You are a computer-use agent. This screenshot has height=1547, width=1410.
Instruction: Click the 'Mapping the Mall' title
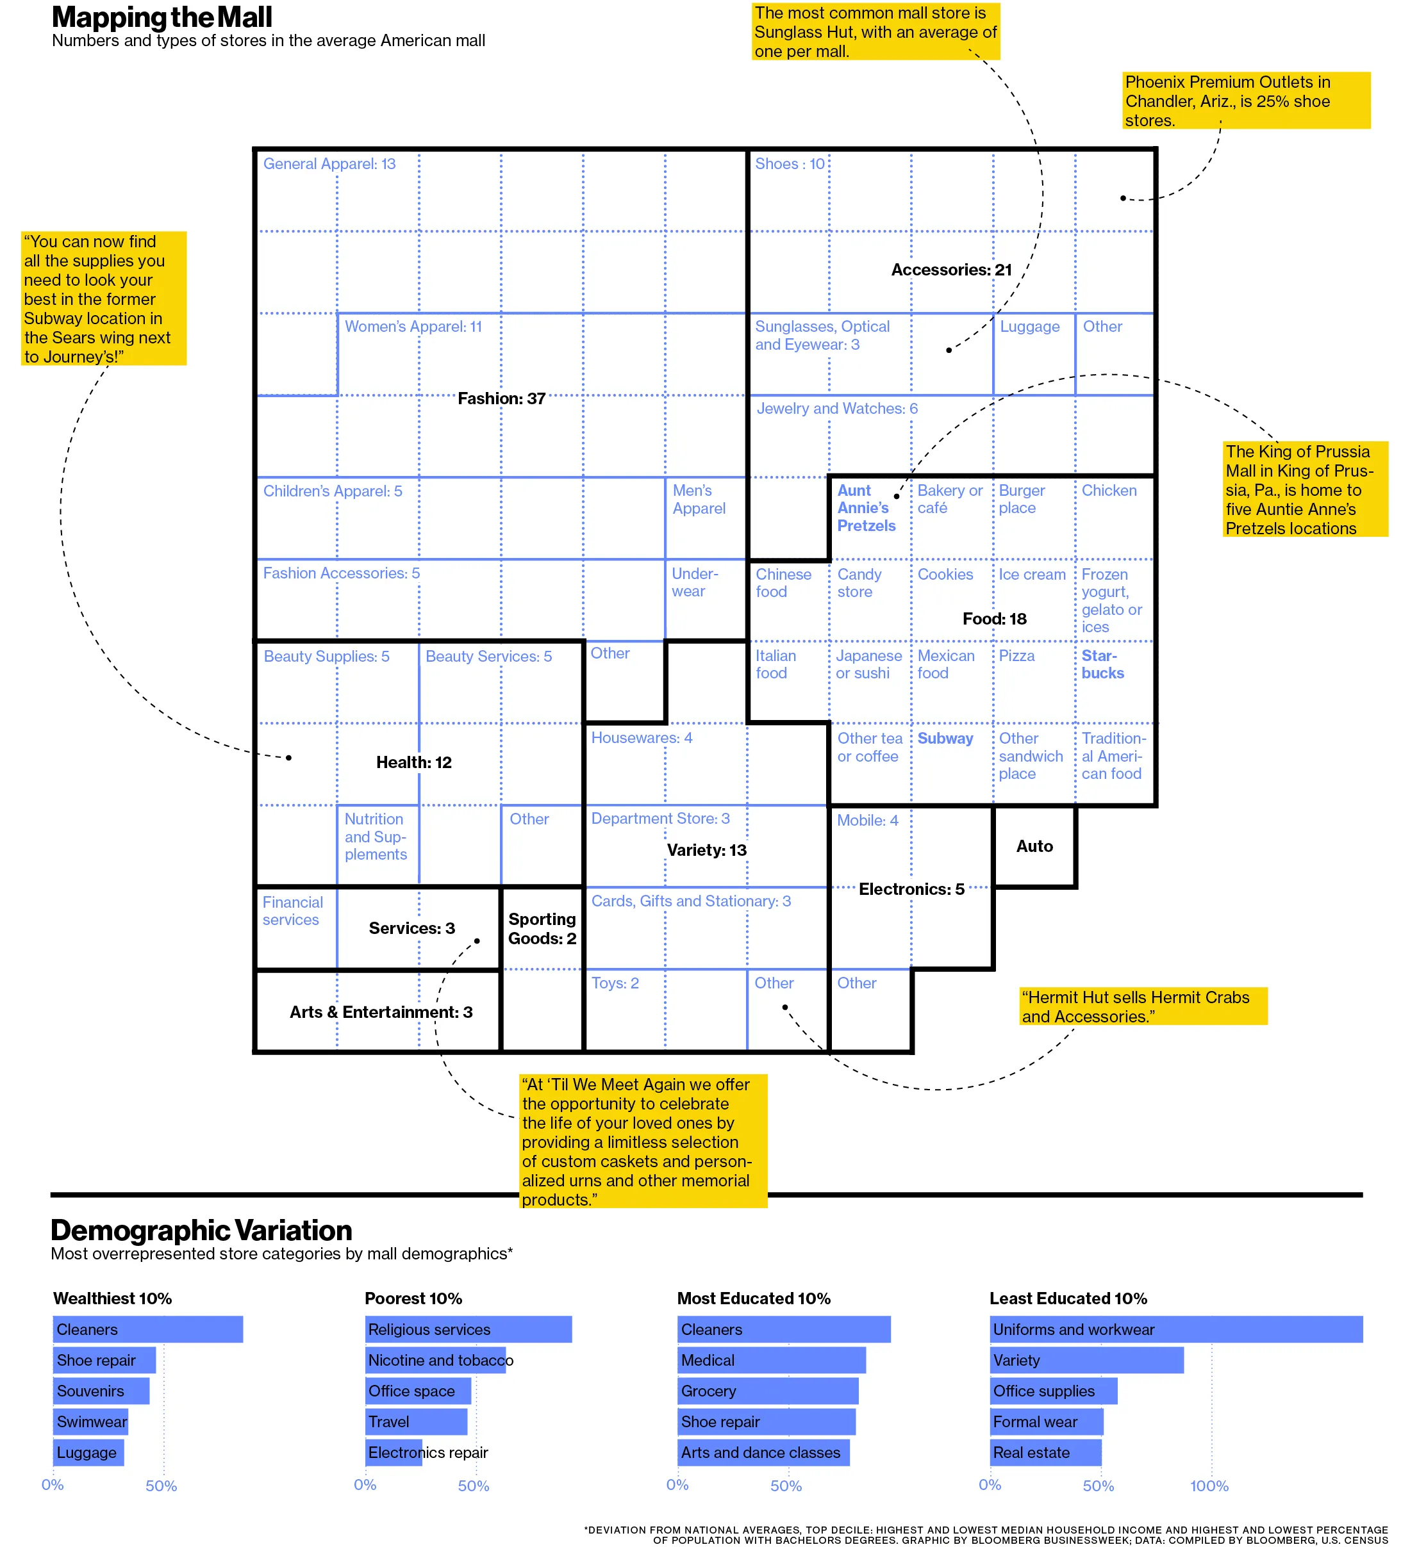coord(162,17)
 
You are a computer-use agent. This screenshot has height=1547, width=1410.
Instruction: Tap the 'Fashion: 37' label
coord(501,398)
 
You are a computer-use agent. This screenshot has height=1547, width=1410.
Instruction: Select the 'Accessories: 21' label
coord(951,269)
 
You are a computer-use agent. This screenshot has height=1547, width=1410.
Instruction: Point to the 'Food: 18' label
coord(994,619)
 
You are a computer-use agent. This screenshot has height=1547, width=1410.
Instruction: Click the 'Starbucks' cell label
coord(1102,664)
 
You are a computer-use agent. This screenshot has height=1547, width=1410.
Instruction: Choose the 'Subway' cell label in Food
coord(945,738)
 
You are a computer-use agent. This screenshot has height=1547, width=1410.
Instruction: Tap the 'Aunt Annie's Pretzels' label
coord(866,508)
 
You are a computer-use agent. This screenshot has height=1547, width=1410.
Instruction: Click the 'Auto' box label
coord(1034,846)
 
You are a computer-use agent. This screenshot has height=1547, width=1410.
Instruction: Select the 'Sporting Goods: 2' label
coord(542,928)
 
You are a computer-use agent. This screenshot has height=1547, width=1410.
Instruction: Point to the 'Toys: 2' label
coord(615,983)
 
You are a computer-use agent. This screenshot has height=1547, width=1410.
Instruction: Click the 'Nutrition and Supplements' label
coord(376,837)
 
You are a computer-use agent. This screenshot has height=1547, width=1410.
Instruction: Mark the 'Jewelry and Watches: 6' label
coord(836,408)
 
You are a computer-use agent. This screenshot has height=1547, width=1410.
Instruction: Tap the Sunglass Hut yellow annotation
coord(875,32)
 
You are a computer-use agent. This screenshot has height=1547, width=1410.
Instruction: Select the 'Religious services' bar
coord(469,1329)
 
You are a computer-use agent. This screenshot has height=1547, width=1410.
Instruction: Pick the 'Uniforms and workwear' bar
coord(1175,1329)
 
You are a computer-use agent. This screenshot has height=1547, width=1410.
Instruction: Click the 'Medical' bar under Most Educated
coord(772,1360)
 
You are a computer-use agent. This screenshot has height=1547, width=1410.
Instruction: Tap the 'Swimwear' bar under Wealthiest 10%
coord(90,1421)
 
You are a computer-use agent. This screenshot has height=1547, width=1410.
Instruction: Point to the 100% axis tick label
coord(1209,1486)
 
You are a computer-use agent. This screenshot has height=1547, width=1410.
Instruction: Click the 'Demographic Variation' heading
coord(201,1230)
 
